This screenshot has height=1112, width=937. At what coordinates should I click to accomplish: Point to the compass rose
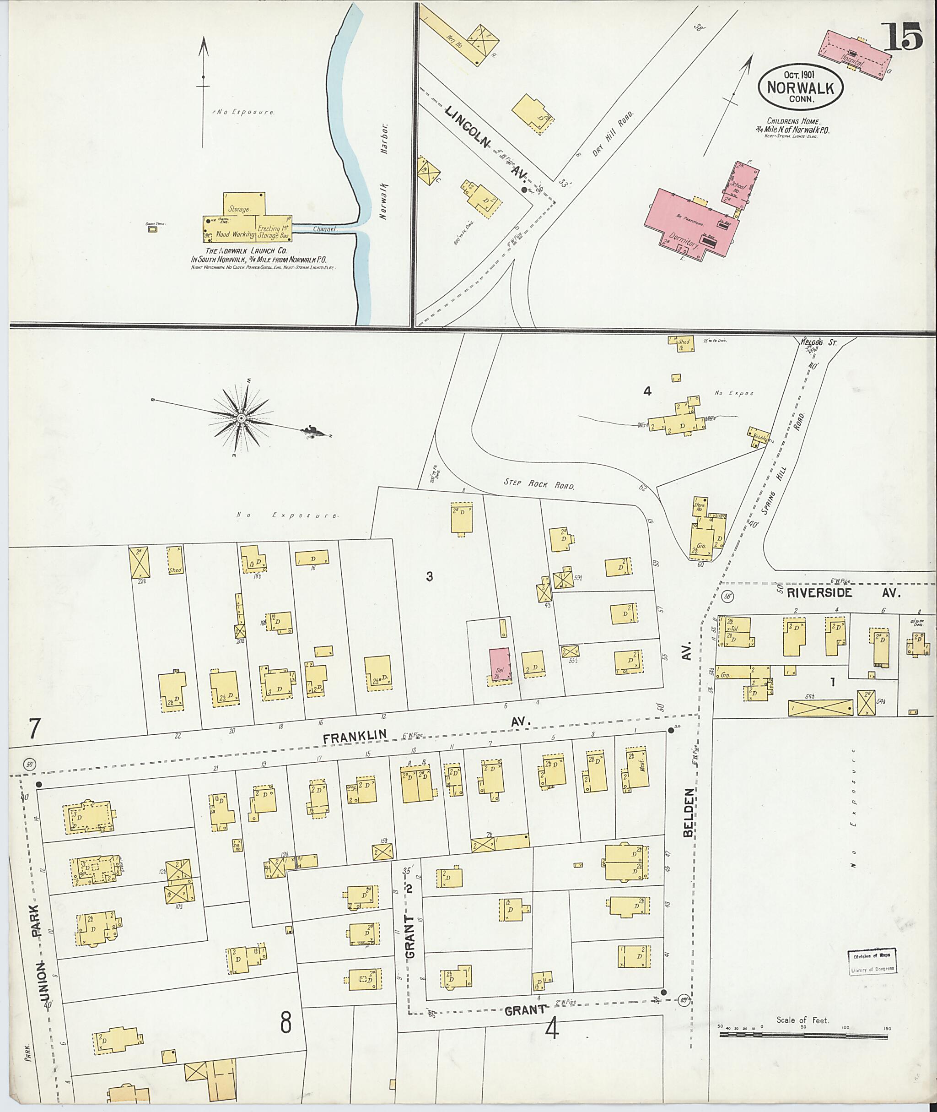click(242, 418)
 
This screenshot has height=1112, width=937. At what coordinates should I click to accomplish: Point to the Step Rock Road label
click(539, 484)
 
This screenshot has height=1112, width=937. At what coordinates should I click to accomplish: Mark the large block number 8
click(286, 1022)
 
